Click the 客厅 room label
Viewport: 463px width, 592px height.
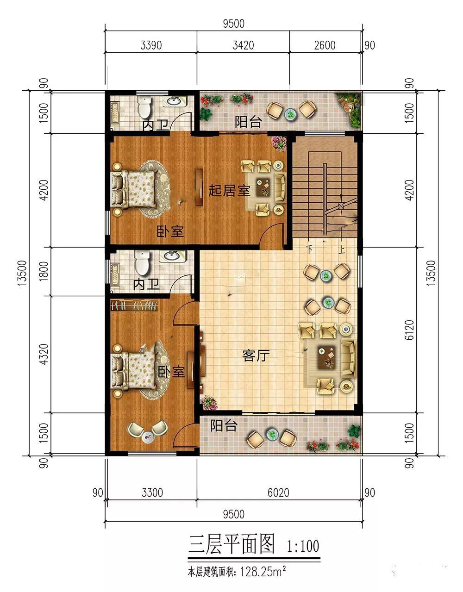tap(256, 355)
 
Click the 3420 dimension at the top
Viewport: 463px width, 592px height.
tap(243, 45)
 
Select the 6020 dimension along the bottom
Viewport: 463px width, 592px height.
tap(278, 492)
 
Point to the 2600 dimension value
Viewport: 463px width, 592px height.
tap(325, 45)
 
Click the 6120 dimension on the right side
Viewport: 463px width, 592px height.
tap(409, 330)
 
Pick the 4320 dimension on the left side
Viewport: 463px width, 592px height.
tap(44, 354)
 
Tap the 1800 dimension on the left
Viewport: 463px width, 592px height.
tap(44, 271)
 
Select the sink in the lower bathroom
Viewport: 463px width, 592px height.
tap(173, 256)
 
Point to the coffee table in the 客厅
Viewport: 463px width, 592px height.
tap(326, 357)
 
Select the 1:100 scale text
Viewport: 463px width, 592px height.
tap(302, 546)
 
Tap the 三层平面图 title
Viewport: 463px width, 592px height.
tap(231, 544)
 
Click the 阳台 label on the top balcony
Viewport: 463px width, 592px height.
tap(248, 122)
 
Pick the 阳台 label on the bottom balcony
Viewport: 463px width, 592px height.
tap(224, 425)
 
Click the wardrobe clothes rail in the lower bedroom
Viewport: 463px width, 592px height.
tap(134, 305)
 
